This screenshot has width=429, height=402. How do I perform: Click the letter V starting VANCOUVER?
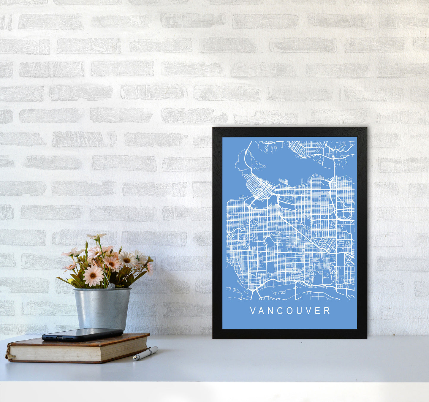click(x=253, y=311)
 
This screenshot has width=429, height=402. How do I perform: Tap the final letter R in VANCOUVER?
click(x=327, y=311)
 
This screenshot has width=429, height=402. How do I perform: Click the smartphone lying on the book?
click(x=82, y=334)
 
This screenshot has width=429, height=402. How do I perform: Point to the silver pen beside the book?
click(x=145, y=353)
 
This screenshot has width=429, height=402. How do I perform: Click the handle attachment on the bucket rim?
click(x=111, y=286)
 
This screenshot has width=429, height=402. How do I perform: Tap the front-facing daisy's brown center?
click(x=93, y=275)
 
